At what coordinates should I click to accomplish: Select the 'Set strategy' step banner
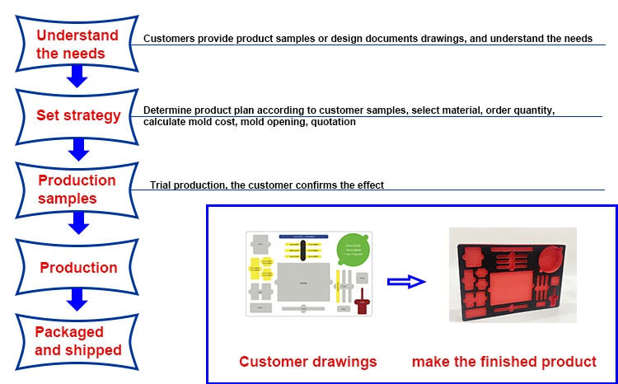77,115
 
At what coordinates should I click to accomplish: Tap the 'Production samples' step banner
77,189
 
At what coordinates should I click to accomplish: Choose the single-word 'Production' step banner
78,267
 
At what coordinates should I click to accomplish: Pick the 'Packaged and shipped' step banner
77,340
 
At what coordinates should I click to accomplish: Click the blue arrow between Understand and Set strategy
77,76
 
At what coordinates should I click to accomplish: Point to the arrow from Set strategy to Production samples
77,148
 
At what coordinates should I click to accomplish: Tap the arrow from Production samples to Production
77,222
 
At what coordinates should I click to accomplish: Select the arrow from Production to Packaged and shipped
77,298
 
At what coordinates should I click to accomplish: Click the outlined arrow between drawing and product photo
406,282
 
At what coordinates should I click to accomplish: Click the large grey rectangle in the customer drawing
304,283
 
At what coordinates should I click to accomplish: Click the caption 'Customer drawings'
307,361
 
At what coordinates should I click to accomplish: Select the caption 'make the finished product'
503,361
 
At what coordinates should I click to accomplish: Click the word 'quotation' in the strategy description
332,122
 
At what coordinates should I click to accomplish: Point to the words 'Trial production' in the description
188,185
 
